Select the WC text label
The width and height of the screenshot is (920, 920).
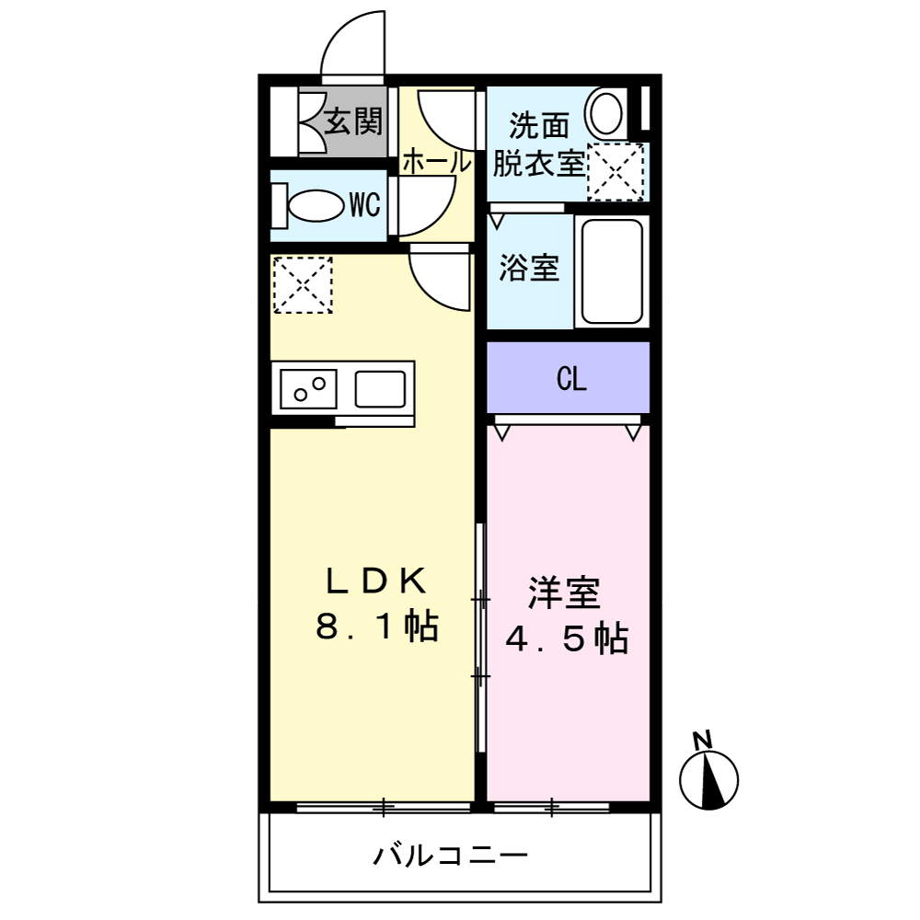[364, 205]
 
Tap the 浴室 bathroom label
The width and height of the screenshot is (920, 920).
[529, 269]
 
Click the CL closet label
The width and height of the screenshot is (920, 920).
[571, 379]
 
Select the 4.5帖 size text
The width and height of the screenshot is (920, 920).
[567, 638]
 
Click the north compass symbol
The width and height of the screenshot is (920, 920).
[709, 780]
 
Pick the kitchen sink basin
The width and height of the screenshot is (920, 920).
[381, 388]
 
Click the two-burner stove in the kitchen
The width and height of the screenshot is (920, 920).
[307, 388]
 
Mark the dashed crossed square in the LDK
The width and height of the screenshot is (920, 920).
[302, 285]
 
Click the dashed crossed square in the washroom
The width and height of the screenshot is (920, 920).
[615, 172]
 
